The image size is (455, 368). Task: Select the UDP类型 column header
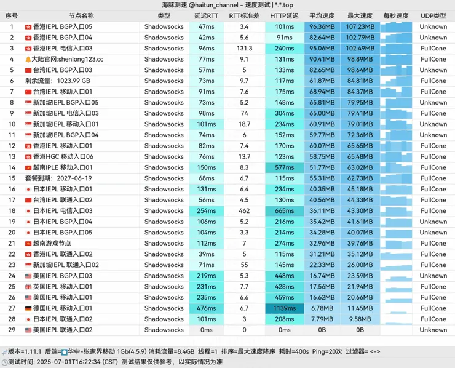coord(433,16)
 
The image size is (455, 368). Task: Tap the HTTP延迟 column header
coord(284,16)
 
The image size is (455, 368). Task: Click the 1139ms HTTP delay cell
coord(284,308)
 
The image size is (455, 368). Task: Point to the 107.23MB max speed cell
coord(360,27)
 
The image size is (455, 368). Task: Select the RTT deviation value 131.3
coord(244,49)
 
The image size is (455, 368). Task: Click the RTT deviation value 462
coord(244,211)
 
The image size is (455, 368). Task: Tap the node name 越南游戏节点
coord(52,243)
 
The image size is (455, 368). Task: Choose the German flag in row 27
coord(28,308)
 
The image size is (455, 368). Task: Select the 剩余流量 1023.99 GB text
coord(57,81)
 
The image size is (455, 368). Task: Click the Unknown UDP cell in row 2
coord(433,38)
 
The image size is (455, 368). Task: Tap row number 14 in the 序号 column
coord(11,167)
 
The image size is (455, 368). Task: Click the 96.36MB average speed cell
coord(322,27)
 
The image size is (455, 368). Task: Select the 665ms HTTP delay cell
coord(284,211)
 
